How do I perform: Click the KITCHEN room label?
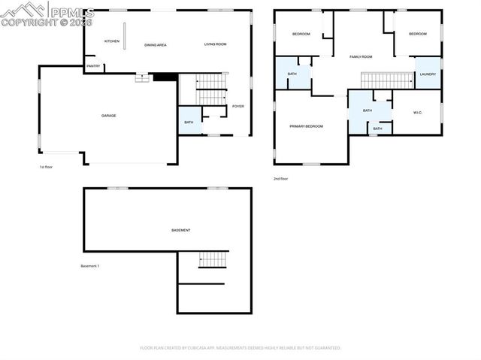tap(112, 41)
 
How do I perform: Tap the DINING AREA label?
tap(156, 45)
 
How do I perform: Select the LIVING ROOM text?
tap(215, 45)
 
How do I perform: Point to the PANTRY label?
tap(93, 66)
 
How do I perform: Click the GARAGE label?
tap(109, 116)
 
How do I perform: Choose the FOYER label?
tap(238, 106)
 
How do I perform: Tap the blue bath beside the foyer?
tap(189, 122)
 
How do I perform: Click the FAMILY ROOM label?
tap(361, 57)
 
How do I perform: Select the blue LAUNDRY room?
tap(428, 74)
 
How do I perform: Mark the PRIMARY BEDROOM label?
tap(307, 126)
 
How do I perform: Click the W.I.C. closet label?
tap(419, 113)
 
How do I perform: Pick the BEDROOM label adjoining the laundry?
tap(417, 34)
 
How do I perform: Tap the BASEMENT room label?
tap(181, 230)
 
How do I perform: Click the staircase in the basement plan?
tap(213, 260)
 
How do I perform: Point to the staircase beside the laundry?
tap(387, 80)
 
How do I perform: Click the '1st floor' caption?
tap(47, 167)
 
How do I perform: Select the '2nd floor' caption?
tap(281, 179)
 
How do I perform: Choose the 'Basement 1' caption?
tap(90, 266)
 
